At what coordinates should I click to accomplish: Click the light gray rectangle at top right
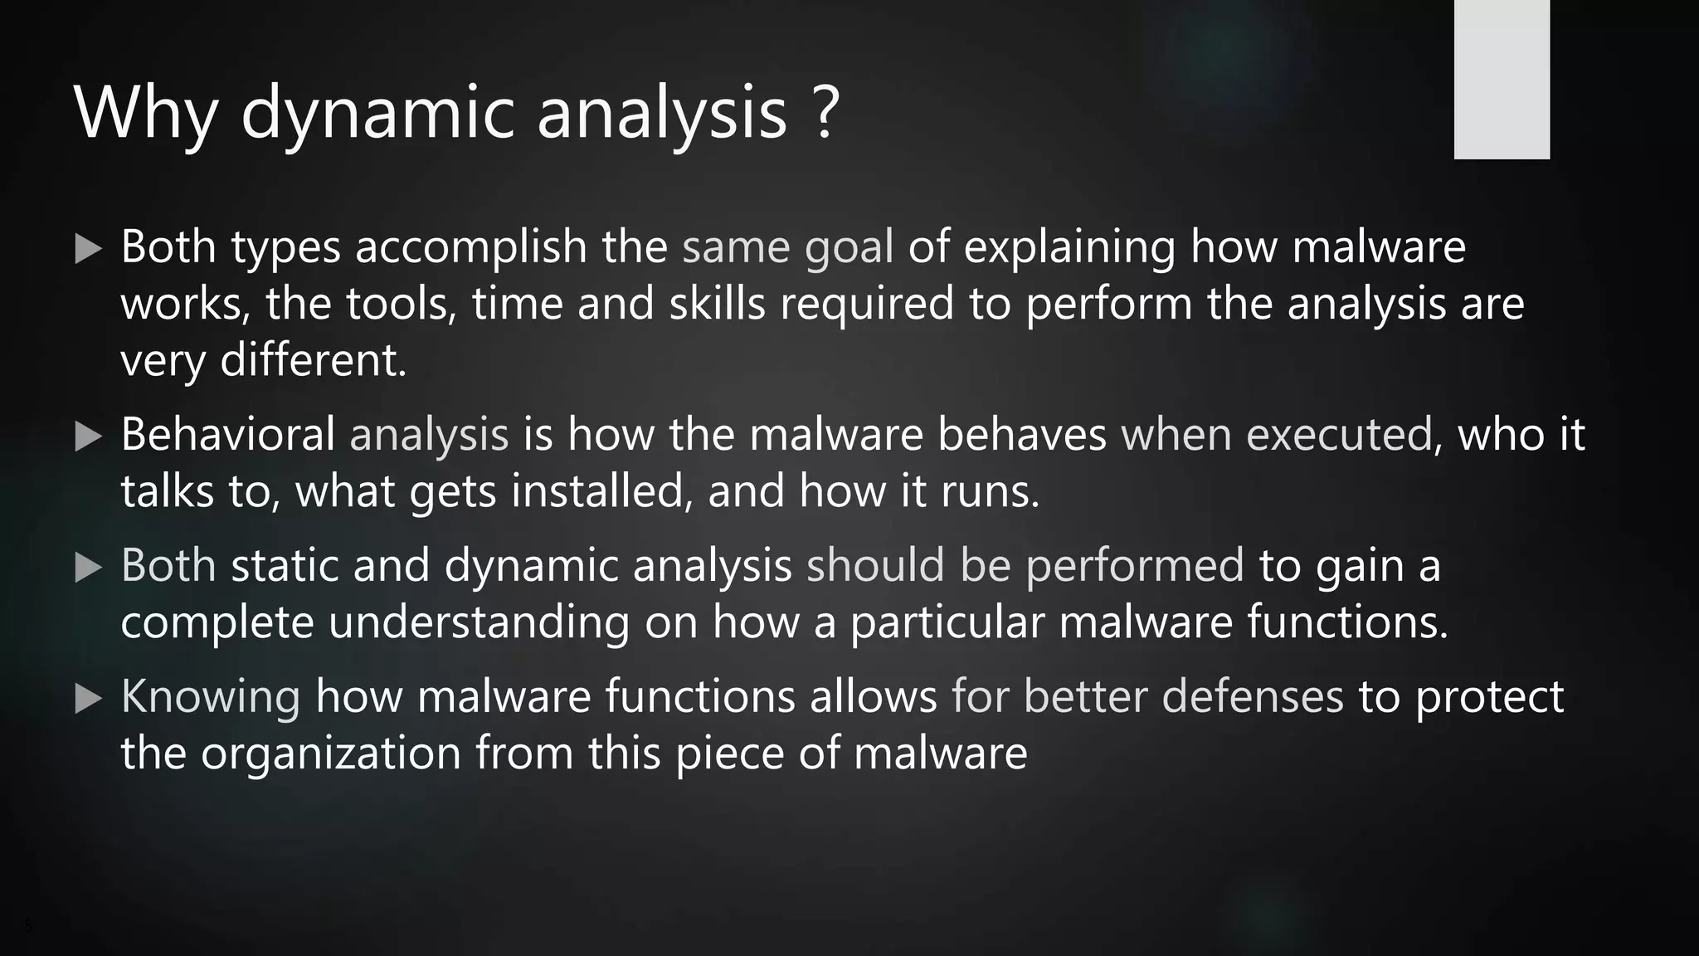tap(1502, 80)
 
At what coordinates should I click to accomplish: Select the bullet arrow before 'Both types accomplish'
tap(88, 249)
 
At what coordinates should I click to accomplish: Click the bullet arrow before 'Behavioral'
tap(88, 437)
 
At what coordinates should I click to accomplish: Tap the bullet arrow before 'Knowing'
tap(88, 699)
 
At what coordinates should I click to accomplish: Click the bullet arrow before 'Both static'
tap(88, 568)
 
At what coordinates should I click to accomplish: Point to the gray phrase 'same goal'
tap(787, 247)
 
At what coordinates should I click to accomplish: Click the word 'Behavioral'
tap(227, 434)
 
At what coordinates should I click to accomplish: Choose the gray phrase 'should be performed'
tap(1025, 565)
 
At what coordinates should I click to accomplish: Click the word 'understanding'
tap(479, 622)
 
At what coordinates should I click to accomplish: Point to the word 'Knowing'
tap(211, 697)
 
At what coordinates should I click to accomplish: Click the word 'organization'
tap(330, 754)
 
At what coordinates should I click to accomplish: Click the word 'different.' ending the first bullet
tap(313, 360)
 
